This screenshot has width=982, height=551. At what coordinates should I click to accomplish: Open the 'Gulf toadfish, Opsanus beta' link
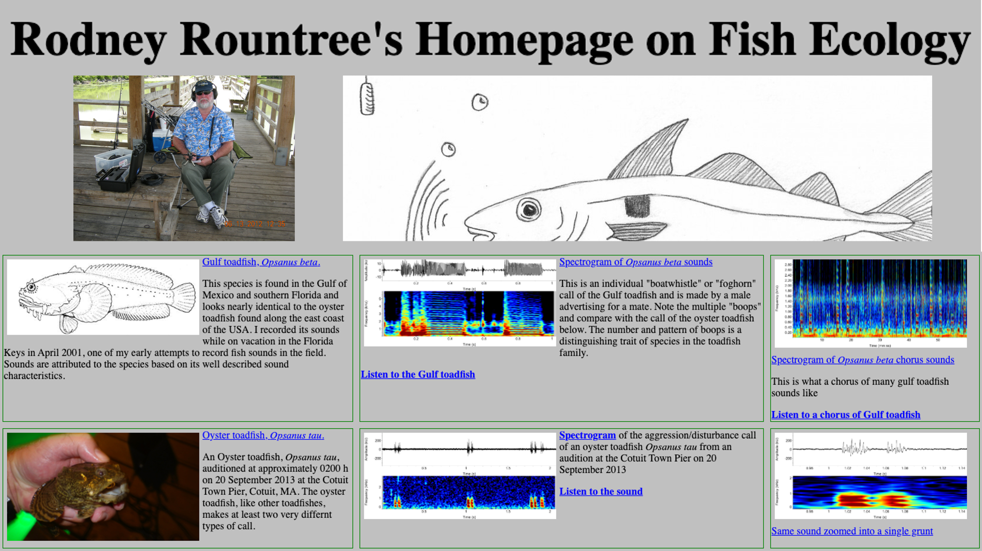coord(261,262)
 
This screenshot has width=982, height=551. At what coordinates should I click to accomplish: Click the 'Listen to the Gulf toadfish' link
coord(418,374)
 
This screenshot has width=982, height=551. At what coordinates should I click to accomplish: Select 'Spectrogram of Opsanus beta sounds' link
coord(636,262)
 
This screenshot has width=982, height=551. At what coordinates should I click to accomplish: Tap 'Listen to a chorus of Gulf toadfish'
coord(846,415)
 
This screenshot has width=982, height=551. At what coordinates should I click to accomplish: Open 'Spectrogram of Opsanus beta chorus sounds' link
coord(862,360)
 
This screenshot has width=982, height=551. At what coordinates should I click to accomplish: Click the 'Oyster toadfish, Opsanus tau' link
coord(263,435)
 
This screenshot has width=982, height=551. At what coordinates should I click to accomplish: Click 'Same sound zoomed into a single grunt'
coord(852,531)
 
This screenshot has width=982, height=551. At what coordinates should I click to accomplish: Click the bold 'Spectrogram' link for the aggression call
coord(587,435)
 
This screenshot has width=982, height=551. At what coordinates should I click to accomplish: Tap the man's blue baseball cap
coord(204,85)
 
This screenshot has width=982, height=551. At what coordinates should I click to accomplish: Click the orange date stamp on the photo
coord(255,224)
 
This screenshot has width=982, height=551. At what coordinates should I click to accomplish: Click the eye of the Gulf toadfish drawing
coord(31,287)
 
